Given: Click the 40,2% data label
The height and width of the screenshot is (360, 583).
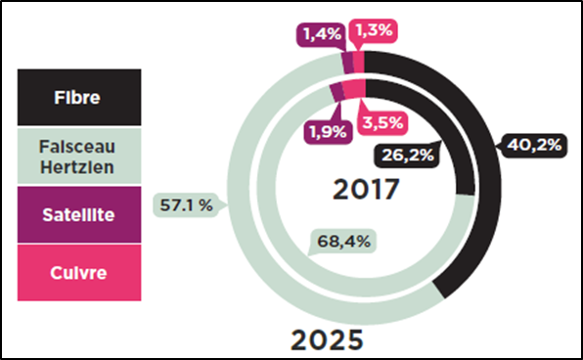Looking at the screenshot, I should (534, 146).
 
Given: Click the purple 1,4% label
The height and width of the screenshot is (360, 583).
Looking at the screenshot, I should (320, 34).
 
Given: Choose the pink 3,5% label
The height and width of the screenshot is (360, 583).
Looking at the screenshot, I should (381, 125).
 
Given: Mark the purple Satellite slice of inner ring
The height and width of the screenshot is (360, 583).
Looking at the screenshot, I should (337, 92).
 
